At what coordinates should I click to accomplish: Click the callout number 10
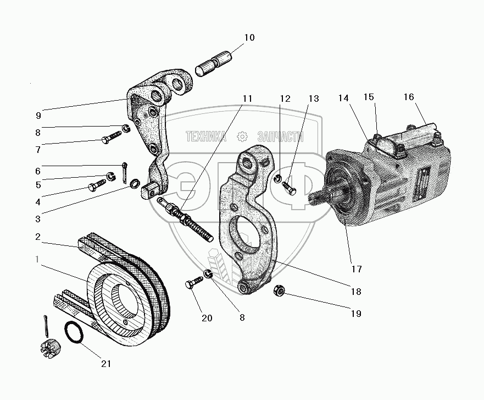pyautogui.click(x=249, y=37)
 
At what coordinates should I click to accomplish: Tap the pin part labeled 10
pyautogui.click(x=214, y=63)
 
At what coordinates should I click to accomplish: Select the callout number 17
pyautogui.click(x=357, y=269)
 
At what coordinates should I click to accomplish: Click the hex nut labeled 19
pyautogui.click(x=279, y=291)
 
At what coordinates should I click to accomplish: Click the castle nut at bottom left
pyautogui.click(x=49, y=349)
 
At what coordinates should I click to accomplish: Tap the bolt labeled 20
pyautogui.click(x=194, y=283)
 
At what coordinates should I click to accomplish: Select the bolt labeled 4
pyautogui.click(x=97, y=184)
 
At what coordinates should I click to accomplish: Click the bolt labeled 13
pyautogui.click(x=290, y=187)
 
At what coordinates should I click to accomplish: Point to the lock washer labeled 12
pyautogui.click(x=278, y=178)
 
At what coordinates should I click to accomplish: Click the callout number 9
pyautogui.click(x=38, y=116)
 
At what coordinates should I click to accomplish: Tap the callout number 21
pyautogui.click(x=106, y=364)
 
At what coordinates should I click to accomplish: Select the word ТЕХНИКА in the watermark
pyautogui.click(x=206, y=136)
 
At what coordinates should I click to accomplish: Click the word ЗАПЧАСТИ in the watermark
pyautogui.click(x=280, y=136)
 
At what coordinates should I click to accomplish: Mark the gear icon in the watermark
pyautogui.click(x=242, y=136)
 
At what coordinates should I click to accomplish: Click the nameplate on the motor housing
pyautogui.click(x=422, y=184)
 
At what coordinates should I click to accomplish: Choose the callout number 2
pyautogui.click(x=38, y=237)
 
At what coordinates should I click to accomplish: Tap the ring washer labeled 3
pyautogui.click(x=134, y=183)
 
